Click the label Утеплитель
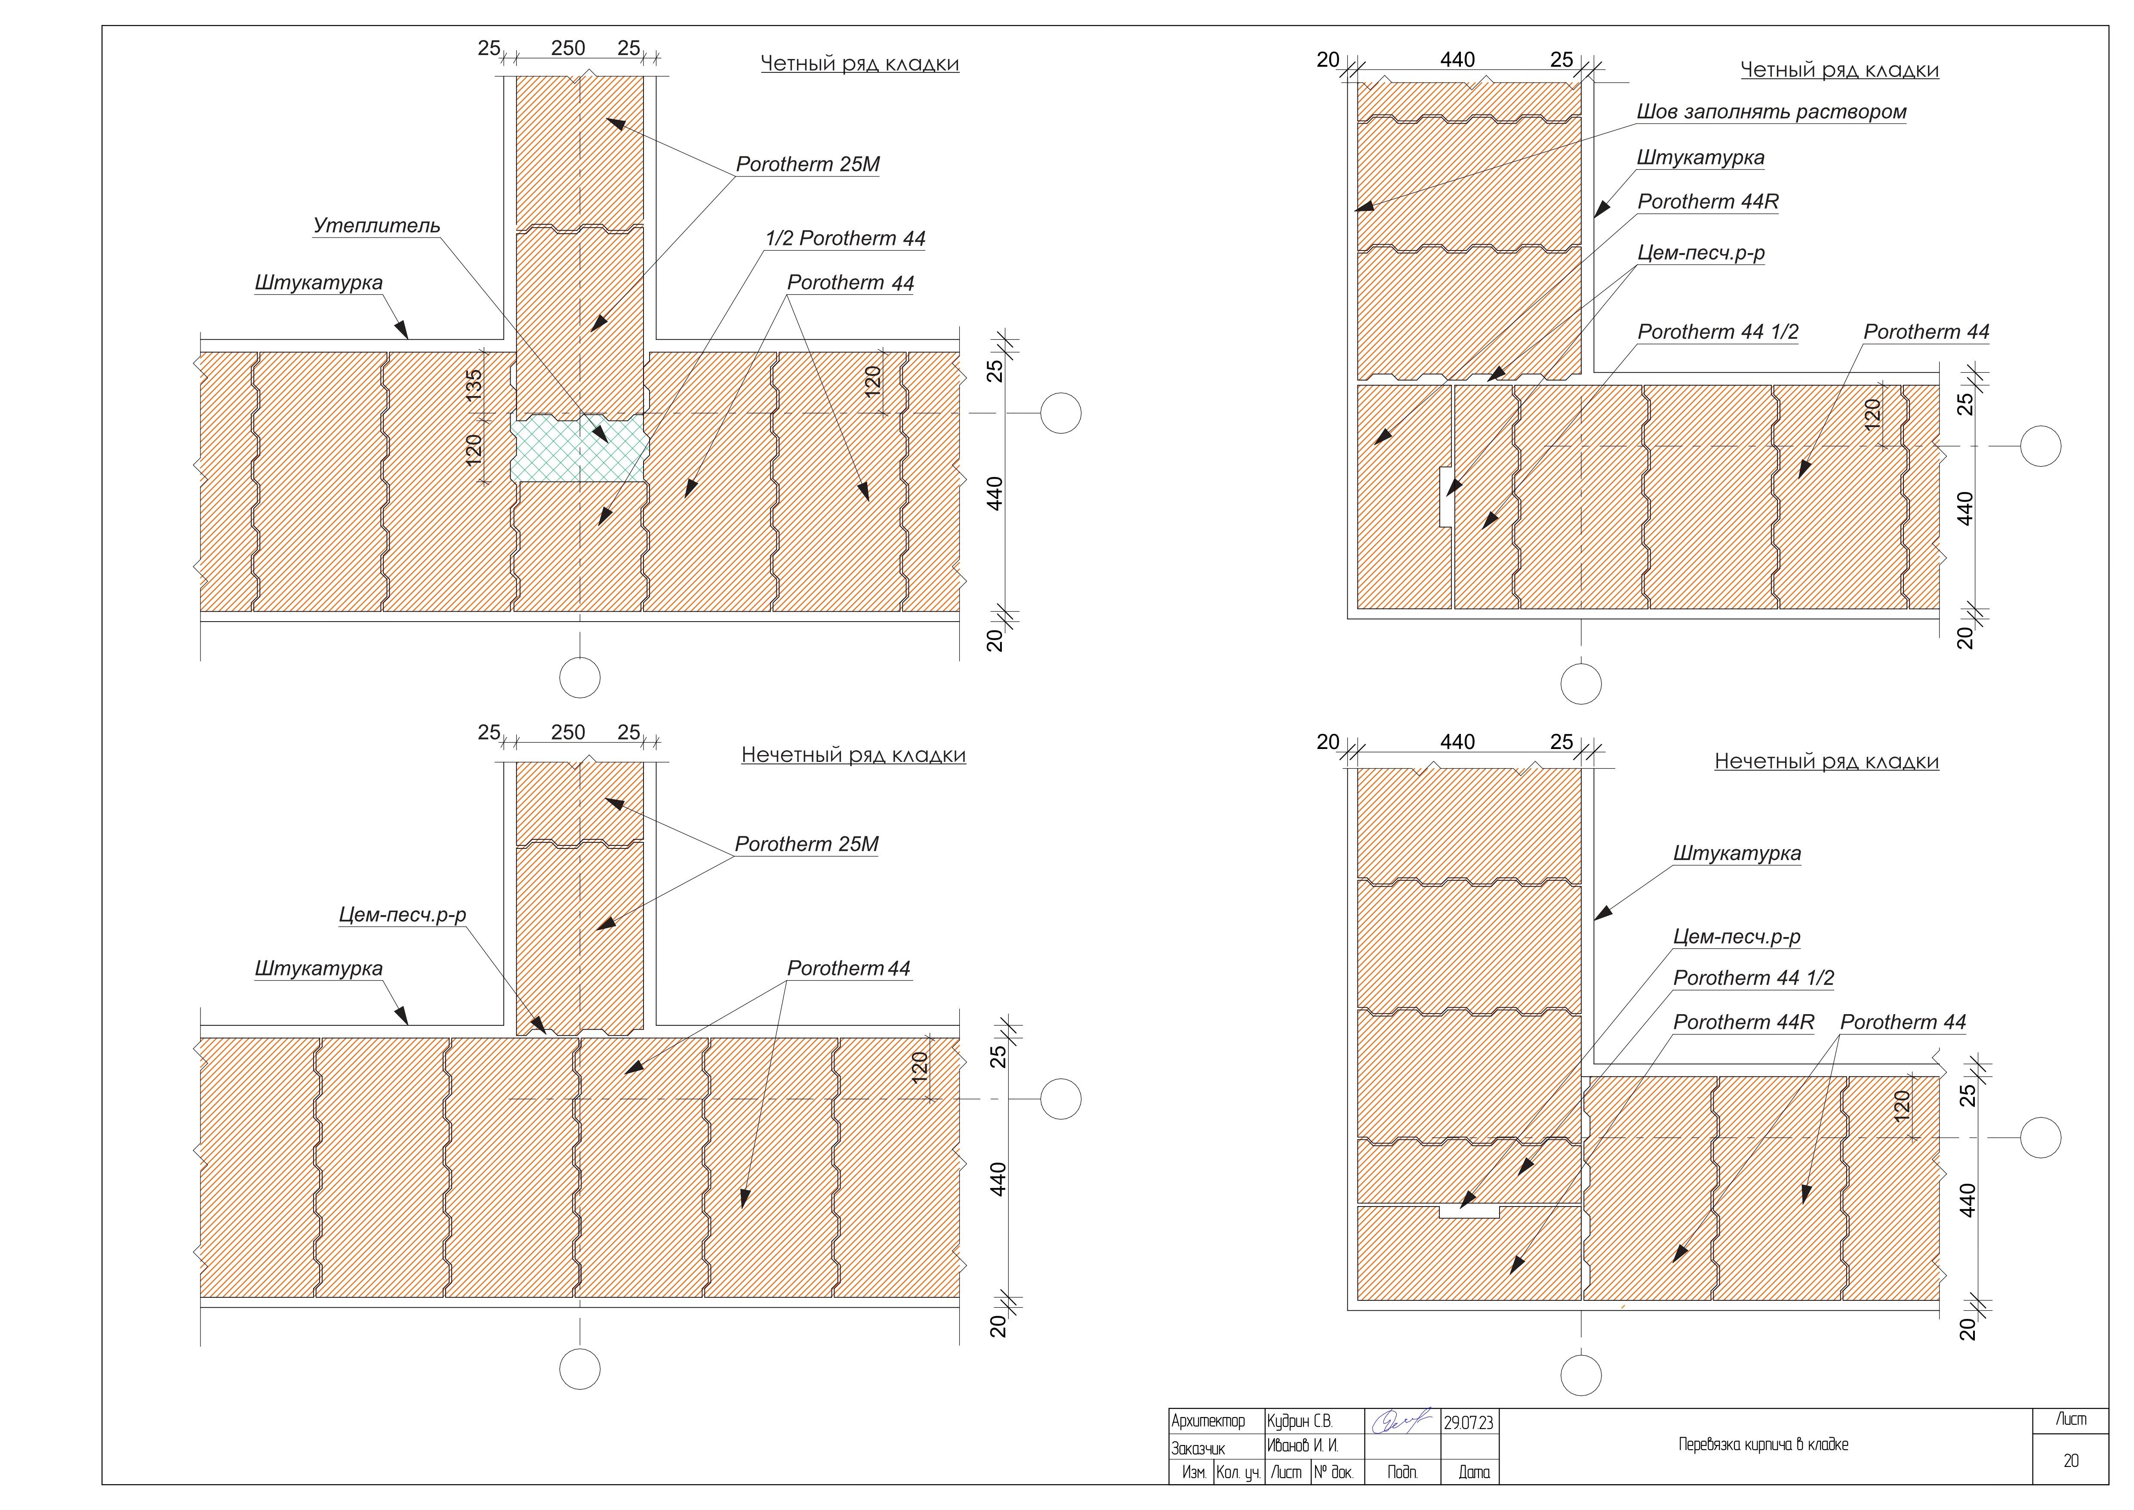coord(376,226)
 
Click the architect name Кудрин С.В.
coord(1299,1422)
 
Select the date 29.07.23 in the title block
coord(1469,1423)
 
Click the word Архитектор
coord(1207,1422)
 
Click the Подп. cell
coord(1401,1472)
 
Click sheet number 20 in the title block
coord(2071,1461)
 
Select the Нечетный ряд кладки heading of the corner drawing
coord(1826,761)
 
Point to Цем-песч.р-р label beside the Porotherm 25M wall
coord(401,915)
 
